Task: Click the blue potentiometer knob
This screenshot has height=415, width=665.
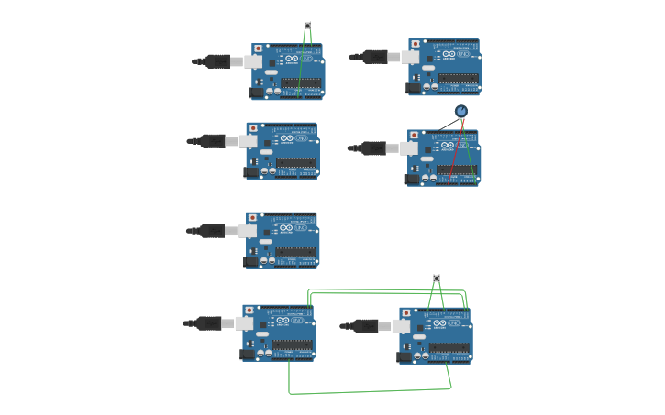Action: [x=461, y=111]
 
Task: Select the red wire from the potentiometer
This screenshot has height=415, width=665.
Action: [x=456, y=151]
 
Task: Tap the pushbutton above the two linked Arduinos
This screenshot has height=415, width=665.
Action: [x=437, y=278]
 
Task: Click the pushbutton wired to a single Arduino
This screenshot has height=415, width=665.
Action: [x=307, y=25]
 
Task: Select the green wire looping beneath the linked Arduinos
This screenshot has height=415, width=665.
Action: [x=367, y=392]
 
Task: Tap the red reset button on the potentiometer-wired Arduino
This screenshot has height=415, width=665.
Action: [x=415, y=135]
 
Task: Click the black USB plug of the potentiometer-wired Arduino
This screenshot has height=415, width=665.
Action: [x=373, y=147]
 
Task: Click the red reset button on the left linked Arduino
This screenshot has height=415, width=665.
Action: [x=249, y=311]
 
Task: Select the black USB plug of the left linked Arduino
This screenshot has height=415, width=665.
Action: [x=209, y=322]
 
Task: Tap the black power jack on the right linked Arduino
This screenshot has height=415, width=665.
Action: [x=405, y=356]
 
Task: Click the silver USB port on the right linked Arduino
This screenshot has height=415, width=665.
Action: [x=401, y=325]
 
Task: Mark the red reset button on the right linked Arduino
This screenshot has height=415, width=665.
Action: [x=406, y=312]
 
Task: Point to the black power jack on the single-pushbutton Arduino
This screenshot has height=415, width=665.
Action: [x=257, y=92]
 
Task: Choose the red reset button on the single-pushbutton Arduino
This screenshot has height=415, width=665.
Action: [x=259, y=49]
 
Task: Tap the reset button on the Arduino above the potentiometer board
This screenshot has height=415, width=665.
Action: [x=416, y=44]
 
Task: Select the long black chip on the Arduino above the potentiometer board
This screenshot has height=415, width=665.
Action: [x=458, y=78]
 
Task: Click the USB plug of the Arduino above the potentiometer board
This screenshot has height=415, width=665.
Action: [x=375, y=57]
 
